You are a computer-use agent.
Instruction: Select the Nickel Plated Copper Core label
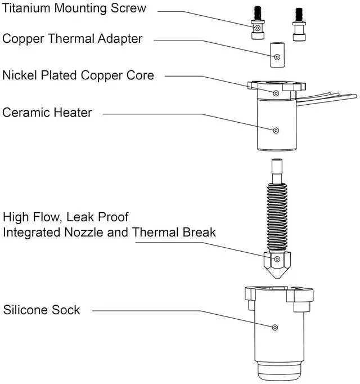coord(78,75)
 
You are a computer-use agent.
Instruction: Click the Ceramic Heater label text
coord(47,112)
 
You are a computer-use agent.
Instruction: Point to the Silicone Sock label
coord(42,310)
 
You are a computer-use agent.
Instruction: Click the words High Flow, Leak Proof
coord(65,217)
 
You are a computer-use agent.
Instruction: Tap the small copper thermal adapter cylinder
coord(276,55)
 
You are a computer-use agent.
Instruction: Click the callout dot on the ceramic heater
coord(276,131)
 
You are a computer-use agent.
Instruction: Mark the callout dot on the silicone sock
coord(275,327)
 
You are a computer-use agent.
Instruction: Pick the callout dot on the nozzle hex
coord(277,260)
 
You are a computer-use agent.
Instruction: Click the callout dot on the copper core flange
coord(276,92)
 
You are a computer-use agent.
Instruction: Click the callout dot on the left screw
coord(256,28)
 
